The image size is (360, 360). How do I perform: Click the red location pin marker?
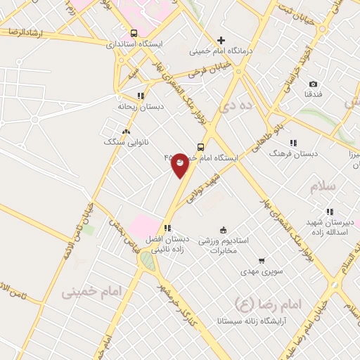[180, 164]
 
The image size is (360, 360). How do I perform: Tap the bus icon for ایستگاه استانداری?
[134, 32]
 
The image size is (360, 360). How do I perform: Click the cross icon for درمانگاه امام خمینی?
[221, 40]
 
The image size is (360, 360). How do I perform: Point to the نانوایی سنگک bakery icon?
[126, 131]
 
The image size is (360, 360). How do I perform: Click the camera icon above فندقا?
[313, 84]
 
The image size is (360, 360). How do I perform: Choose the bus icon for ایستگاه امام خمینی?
[201, 147]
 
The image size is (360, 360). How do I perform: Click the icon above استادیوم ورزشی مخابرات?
[224, 229]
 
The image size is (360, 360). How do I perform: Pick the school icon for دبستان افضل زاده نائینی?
[167, 228]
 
